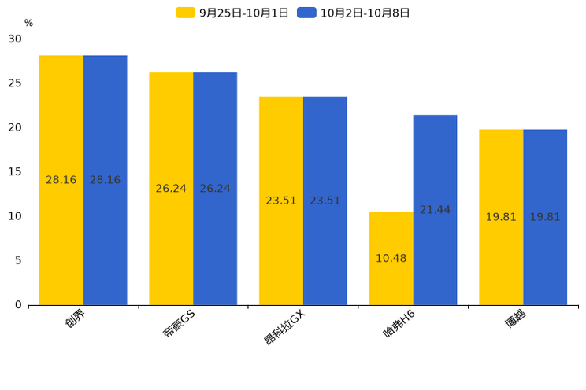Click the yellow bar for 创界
61,180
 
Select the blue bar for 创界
105,180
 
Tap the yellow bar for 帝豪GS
171,189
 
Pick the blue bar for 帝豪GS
215,189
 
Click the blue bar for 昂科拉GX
325,201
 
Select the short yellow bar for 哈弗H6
391,259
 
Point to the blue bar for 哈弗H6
435,210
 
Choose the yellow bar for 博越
501,217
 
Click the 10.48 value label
391,258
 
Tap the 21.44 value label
435,210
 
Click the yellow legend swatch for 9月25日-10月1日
185,13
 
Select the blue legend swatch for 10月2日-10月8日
306,13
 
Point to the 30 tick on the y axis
15,39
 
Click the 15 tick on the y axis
15,172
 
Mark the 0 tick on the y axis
18,305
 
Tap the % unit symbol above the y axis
28,23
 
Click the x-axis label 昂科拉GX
285,328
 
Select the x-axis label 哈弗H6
399,324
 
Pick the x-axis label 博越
516,319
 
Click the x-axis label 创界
75,319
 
